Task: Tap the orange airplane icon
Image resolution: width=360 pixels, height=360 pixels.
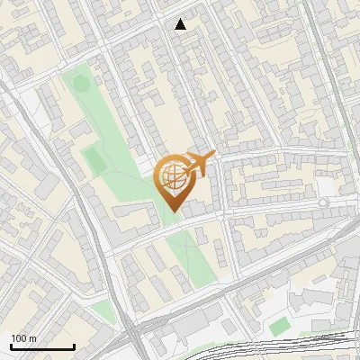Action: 198,164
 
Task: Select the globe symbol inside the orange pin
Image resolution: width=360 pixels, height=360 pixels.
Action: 172,175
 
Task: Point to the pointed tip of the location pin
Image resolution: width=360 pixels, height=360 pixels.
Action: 172,211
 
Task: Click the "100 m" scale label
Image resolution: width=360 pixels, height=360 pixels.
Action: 23,338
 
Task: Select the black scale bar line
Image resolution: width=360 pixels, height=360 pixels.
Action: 42,346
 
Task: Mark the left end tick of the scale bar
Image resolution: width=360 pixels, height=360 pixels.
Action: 11,345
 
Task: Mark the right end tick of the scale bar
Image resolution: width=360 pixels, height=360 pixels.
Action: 74,345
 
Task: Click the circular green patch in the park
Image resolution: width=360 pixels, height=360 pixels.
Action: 81,85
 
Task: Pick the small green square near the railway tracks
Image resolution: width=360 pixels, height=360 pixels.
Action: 279,326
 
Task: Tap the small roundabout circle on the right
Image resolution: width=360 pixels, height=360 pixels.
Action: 322,204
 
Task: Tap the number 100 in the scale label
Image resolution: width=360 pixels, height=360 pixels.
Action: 19,338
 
